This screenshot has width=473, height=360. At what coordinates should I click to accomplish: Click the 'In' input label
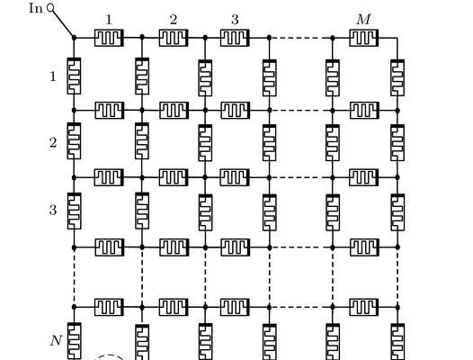click(x=36, y=8)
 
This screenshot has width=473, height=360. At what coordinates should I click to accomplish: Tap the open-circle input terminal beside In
click(x=50, y=8)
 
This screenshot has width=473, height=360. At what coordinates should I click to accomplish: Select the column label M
click(x=363, y=20)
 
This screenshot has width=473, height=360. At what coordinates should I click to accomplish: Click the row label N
click(x=56, y=341)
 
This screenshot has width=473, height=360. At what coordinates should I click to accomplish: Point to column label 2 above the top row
click(x=174, y=20)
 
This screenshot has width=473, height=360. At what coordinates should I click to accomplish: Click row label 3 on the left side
click(x=53, y=210)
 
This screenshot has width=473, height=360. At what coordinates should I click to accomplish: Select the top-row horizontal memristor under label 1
click(x=109, y=38)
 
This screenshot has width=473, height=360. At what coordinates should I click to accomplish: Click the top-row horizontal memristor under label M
click(x=364, y=38)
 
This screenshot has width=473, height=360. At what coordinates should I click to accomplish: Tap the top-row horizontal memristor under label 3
click(x=235, y=38)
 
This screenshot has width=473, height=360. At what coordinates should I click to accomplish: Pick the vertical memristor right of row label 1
click(x=74, y=76)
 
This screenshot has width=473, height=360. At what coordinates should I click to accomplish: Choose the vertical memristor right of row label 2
click(x=74, y=141)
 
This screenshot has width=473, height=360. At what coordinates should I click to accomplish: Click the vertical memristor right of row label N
click(x=75, y=341)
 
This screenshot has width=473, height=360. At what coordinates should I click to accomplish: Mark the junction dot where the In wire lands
click(x=74, y=38)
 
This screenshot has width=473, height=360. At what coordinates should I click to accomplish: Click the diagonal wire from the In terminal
click(x=63, y=23)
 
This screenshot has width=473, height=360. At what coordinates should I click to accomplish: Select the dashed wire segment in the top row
click(x=301, y=38)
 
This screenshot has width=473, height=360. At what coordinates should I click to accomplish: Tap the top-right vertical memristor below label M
click(x=397, y=78)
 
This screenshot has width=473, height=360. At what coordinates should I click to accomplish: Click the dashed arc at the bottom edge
click(x=109, y=356)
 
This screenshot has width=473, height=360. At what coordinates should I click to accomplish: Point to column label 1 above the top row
click(x=109, y=20)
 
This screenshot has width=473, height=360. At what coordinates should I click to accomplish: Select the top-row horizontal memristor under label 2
click(x=174, y=38)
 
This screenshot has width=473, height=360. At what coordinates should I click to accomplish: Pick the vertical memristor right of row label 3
click(x=74, y=211)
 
